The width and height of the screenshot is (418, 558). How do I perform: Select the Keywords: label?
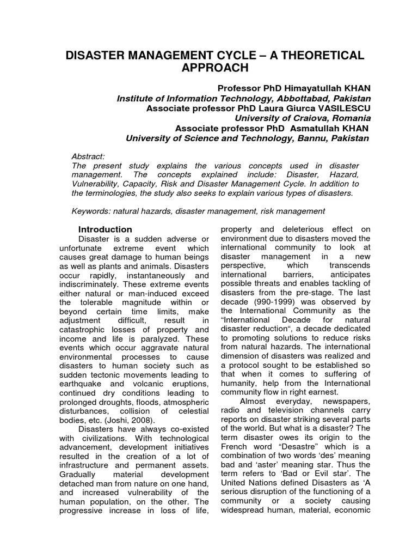pyautogui.click(x=91, y=211)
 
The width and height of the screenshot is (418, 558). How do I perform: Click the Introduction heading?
pyautogui.click(x=105, y=229)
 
